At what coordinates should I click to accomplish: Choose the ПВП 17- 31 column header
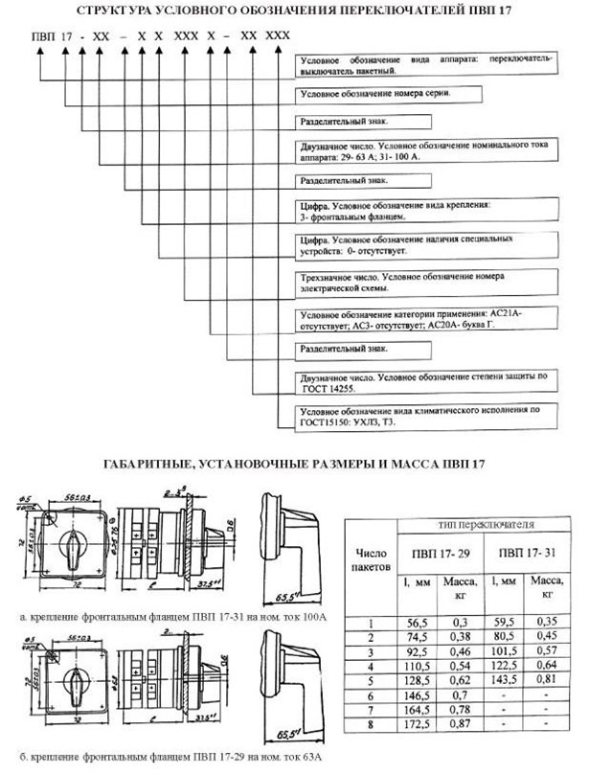(522, 553)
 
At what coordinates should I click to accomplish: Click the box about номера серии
(421, 94)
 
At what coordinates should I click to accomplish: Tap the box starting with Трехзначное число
(421, 281)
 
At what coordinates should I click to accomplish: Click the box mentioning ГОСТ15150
(421, 415)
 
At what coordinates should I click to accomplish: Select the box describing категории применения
(421, 317)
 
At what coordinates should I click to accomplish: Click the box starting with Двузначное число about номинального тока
(421, 151)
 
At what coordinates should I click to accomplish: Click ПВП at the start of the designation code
(43, 35)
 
